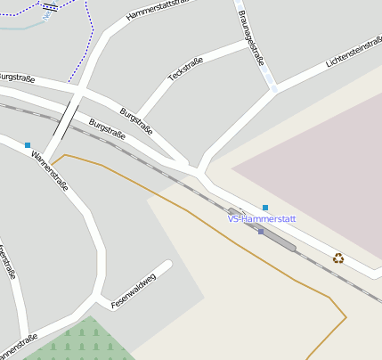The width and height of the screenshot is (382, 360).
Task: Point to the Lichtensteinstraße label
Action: click(x=354, y=52)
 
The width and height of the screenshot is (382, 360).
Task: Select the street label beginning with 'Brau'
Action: click(x=251, y=37)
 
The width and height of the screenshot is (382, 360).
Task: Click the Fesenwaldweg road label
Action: click(x=134, y=290)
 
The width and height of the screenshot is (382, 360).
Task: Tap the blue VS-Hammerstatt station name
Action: click(x=261, y=218)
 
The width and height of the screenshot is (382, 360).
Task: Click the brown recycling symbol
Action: click(x=338, y=258)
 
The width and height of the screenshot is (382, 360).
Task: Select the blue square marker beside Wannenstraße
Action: click(x=28, y=144)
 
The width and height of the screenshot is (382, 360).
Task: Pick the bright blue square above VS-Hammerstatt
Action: click(x=264, y=208)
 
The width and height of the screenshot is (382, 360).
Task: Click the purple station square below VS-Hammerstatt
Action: click(x=260, y=232)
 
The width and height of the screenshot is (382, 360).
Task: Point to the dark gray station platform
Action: click(x=277, y=236)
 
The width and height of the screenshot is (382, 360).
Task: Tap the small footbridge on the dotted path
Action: click(x=50, y=7)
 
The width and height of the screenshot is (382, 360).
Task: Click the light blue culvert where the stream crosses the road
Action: click(x=272, y=87)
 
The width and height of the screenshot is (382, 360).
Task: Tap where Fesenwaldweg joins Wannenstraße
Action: click(x=98, y=295)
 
